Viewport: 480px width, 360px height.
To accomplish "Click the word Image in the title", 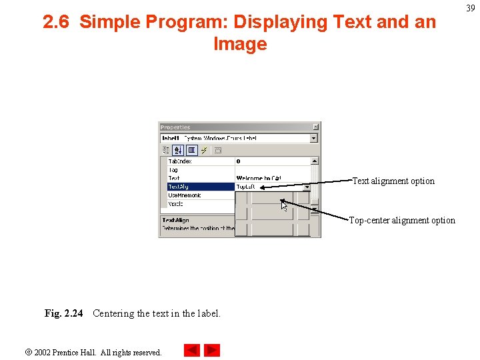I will [x=240, y=45].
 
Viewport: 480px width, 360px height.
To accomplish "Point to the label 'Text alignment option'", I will [x=393, y=181].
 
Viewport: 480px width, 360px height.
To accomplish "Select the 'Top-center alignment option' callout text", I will [x=402, y=220].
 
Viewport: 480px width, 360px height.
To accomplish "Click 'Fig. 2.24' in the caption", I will [x=63, y=313].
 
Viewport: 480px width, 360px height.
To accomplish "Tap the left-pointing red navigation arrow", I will [x=191, y=350].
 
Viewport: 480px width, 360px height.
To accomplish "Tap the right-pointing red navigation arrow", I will [x=212, y=350].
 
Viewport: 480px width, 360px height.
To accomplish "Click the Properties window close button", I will [x=316, y=127].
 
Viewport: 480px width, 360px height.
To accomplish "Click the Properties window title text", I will [x=175, y=127].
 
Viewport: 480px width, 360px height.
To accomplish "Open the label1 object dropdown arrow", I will [x=314, y=138].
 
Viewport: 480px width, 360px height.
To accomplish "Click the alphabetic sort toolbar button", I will [x=178, y=150].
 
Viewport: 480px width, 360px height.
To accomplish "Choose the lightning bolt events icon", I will [x=204, y=150].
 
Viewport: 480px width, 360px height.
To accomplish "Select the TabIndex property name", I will [x=179, y=161].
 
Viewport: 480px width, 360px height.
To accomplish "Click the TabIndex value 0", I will [x=239, y=161].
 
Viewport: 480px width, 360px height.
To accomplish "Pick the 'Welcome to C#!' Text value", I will [x=259, y=178].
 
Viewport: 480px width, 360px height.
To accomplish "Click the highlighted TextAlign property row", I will [x=200, y=187].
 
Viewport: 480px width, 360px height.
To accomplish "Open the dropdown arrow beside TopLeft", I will [x=307, y=187].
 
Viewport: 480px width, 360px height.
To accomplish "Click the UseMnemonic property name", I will [x=185, y=195].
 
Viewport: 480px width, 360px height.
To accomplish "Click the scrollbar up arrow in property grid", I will [x=315, y=161].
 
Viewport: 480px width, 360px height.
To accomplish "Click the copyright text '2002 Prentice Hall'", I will [x=97, y=352].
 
